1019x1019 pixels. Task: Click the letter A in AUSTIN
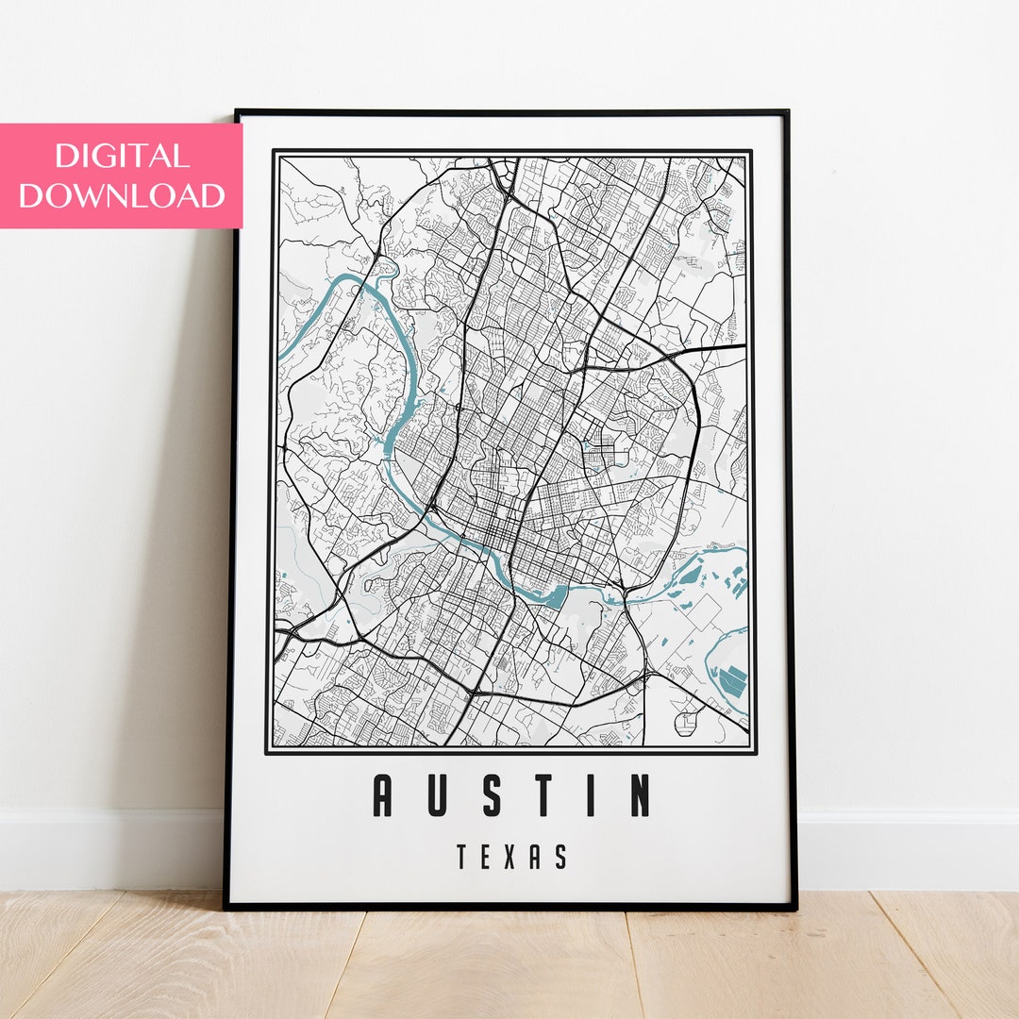(382, 795)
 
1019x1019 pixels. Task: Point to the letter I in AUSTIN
(593, 795)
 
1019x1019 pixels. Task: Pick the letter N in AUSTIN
(640, 795)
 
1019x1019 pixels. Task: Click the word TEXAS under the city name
(512, 858)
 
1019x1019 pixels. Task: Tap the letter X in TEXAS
(511, 858)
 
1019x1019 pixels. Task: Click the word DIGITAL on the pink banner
(122, 156)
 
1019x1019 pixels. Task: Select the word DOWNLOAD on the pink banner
(122, 195)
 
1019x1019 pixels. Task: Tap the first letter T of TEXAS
(462, 858)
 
